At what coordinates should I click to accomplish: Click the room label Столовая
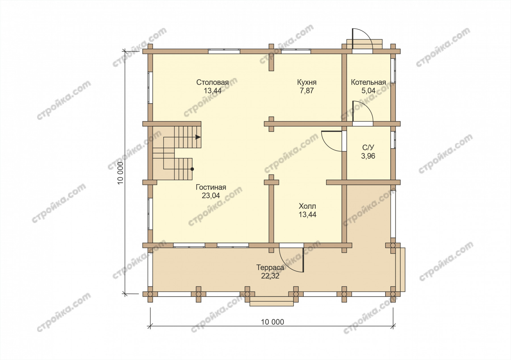point(212,82)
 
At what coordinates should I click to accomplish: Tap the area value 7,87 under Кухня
point(307,91)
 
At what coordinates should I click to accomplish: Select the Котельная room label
point(368,82)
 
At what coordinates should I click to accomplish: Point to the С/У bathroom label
point(368,148)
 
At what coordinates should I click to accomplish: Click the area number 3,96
point(368,156)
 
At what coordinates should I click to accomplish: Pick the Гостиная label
point(211,187)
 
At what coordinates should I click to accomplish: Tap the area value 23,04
point(211,196)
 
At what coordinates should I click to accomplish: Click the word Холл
point(307,206)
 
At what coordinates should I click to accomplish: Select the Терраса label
point(270,268)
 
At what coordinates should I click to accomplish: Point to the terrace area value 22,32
point(270,276)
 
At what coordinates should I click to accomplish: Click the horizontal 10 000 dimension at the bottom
point(272,322)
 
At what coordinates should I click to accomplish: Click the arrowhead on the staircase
point(198,137)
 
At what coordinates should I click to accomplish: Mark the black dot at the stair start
point(192,169)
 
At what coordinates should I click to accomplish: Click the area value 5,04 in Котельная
point(368,91)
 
